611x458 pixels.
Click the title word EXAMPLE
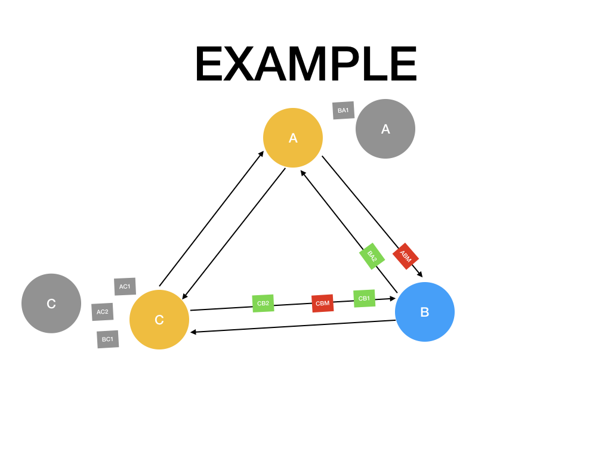305,64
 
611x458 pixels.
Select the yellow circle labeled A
293,138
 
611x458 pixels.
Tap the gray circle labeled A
385,129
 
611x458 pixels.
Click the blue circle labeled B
425,312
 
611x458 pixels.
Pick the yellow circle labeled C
159,320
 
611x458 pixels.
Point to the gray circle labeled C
51,304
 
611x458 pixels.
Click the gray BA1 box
343,110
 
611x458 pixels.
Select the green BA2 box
372,256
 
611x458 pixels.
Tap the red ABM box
406,256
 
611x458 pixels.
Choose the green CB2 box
263,303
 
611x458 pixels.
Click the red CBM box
322,303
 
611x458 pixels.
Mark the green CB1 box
364,298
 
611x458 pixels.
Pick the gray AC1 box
125,286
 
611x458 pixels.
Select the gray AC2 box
103,311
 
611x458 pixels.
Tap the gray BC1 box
107,339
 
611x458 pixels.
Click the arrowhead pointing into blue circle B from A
420,274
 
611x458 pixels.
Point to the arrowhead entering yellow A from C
261,154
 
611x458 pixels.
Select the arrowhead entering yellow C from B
193,332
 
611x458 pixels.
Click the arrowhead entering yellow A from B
303,173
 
